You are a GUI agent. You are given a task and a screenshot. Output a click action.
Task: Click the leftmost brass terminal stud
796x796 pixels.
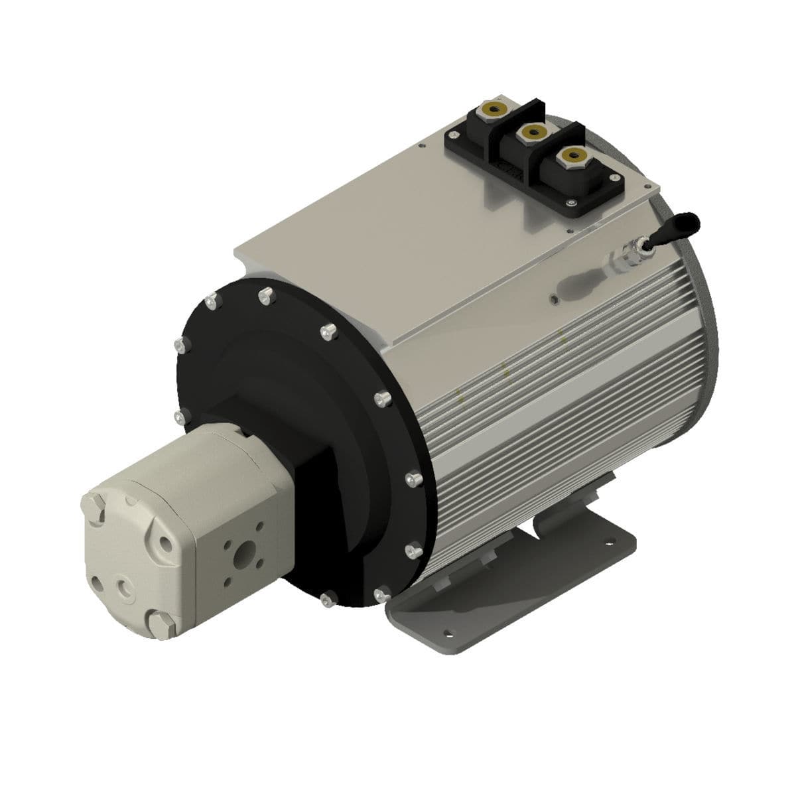[494, 107]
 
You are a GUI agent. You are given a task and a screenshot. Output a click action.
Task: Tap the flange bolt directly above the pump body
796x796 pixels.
[179, 416]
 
